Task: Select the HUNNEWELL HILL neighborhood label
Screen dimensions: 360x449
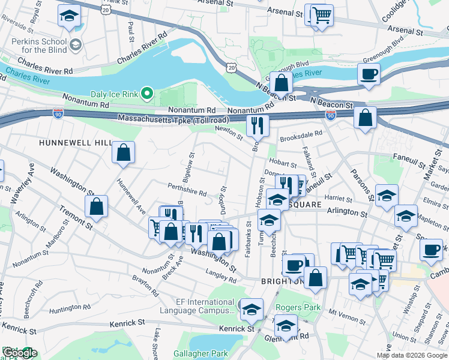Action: (75, 143)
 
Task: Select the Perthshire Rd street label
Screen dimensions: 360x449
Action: (187, 190)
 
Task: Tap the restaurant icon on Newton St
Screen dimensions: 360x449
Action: (258, 125)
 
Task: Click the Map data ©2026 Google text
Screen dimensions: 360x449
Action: (412, 355)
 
